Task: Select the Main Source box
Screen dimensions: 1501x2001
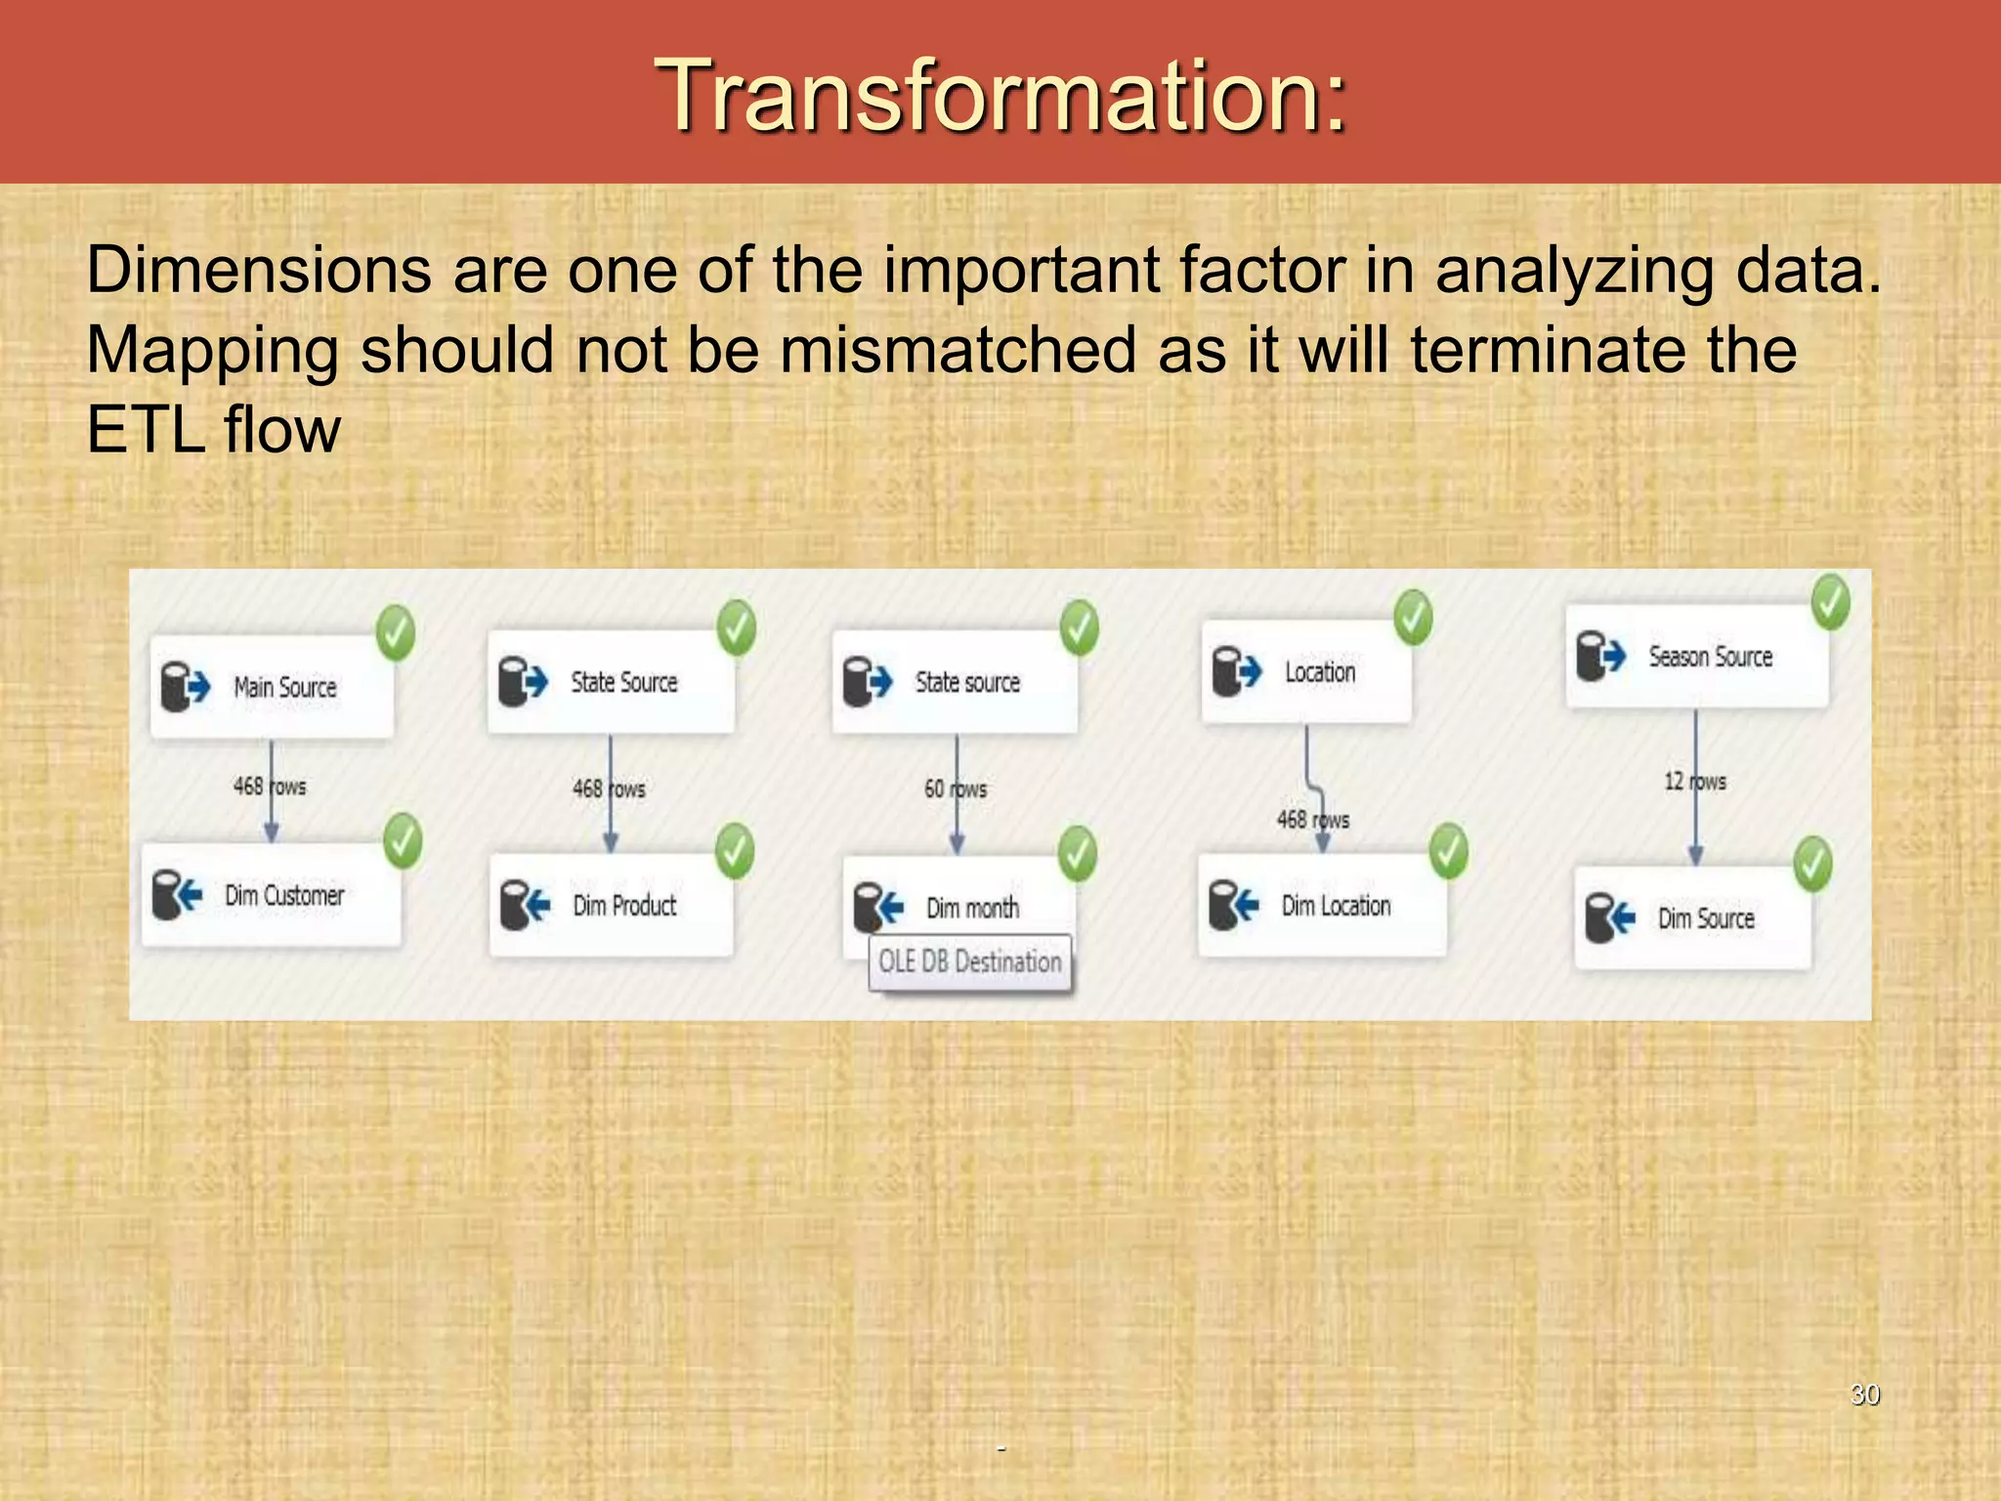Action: pos(273,687)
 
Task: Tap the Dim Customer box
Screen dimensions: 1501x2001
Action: pos(272,895)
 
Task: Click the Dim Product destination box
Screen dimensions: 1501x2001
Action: pos(612,905)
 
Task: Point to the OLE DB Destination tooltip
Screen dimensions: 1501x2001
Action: pos(969,963)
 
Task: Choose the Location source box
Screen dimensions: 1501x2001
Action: pos(1305,672)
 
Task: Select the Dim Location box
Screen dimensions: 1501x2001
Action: pos(1321,906)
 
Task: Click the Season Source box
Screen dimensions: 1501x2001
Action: pos(1696,657)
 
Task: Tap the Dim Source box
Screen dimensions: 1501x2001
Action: pos(1692,919)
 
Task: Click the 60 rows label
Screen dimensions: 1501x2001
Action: pos(956,789)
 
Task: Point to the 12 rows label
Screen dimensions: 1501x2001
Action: pos(1695,782)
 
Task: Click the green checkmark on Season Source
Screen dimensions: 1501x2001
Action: pos(1830,603)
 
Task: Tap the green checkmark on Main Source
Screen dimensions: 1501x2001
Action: pos(396,632)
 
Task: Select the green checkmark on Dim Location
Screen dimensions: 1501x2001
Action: pos(1448,850)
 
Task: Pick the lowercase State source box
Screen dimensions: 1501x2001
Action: pos(955,682)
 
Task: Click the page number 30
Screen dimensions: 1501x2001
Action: pos(1864,1394)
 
